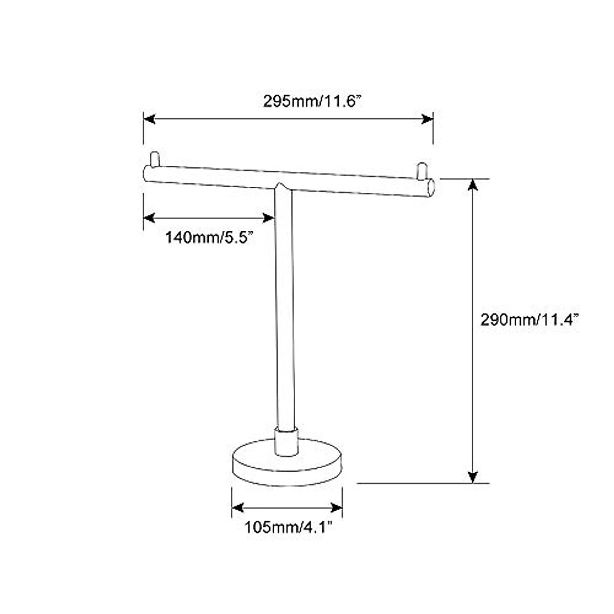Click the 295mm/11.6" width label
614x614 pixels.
(x=312, y=101)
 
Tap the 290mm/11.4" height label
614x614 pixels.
(x=529, y=320)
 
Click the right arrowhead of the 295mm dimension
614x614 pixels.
(x=427, y=119)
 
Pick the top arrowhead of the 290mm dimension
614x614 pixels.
(x=473, y=185)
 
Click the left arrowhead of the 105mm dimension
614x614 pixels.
(x=237, y=508)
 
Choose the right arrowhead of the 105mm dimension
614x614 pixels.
(x=337, y=508)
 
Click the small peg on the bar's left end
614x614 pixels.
(x=155, y=159)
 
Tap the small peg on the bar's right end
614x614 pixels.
(x=422, y=171)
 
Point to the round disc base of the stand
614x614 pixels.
(x=287, y=463)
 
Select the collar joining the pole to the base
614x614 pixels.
(x=287, y=442)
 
